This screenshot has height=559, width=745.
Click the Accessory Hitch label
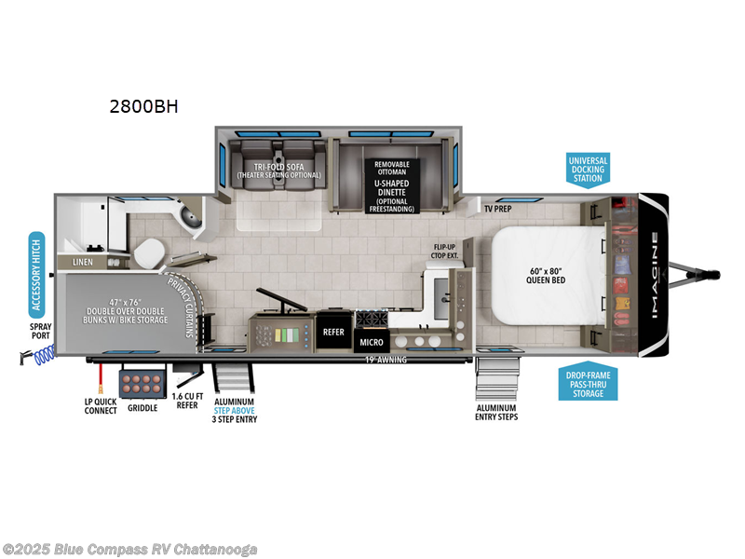[x=37, y=274]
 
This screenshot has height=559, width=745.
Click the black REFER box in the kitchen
[x=333, y=331]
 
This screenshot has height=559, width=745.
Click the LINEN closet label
[x=84, y=264]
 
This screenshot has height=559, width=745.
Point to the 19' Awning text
[x=386, y=359]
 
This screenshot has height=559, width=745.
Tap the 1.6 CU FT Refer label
[x=187, y=402]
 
